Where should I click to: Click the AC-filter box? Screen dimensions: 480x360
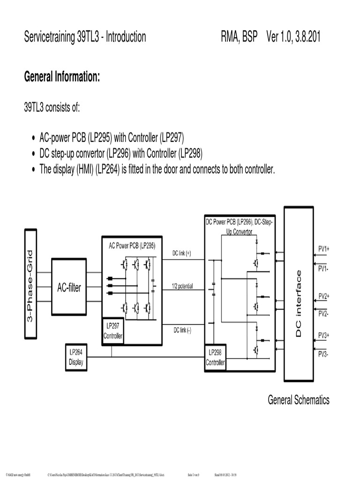[x=69, y=287]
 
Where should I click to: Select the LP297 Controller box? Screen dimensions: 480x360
[x=113, y=331]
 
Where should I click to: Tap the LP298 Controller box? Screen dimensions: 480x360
[x=215, y=358]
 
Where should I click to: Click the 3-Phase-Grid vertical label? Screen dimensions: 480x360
[x=30, y=283]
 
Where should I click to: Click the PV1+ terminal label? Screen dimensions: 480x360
[x=324, y=250]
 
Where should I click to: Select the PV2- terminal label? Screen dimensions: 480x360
[x=323, y=314]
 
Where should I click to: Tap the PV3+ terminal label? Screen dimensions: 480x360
[x=324, y=336]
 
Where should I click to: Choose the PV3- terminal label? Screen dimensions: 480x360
[x=323, y=354]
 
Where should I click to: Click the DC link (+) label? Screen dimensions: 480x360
[x=181, y=253]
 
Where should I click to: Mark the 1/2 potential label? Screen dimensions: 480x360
[x=182, y=286]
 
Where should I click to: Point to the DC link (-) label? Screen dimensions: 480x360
[x=182, y=330]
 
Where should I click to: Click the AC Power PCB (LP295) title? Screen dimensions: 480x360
[x=132, y=245]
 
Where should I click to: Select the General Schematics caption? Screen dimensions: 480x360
[x=298, y=400]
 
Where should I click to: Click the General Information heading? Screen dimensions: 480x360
[x=62, y=77]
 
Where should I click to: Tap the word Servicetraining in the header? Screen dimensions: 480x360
[x=50, y=37]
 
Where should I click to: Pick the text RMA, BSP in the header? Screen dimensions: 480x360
[x=239, y=37]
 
